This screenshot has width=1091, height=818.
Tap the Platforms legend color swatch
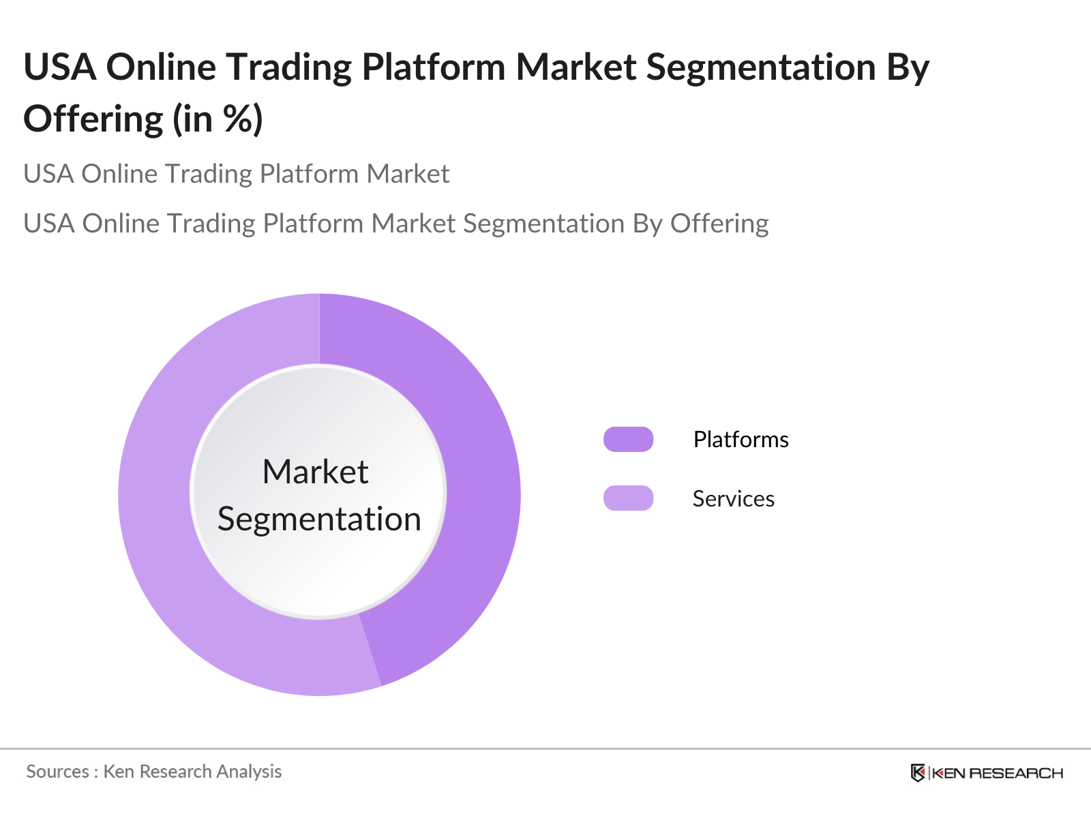pyautogui.click(x=628, y=440)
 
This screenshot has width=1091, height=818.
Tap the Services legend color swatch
pyautogui.click(x=628, y=498)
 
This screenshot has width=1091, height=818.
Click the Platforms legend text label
pyautogui.click(x=741, y=440)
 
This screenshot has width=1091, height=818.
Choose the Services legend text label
pyautogui.click(x=733, y=499)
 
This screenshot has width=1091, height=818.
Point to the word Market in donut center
pyautogui.click(x=315, y=472)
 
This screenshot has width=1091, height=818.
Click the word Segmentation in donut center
pyautogui.click(x=319, y=519)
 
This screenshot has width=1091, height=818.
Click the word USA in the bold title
pyautogui.click(x=60, y=67)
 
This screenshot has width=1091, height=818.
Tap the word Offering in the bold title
pyautogui.click(x=93, y=119)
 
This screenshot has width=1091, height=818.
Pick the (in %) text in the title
pyautogui.click(x=218, y=119)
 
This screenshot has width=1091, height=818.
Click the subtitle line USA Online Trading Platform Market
pyautogui.click(x=236, y=174)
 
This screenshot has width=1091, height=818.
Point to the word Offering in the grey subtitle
pyautogui.click(x=719, y=224)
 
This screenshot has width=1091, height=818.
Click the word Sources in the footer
pyautogui.click(x=57, y=772)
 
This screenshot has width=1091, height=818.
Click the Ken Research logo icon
pyautogui.click(x=918, y=773)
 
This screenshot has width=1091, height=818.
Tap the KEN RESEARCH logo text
pyautogui.click(x=997, y=773)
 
